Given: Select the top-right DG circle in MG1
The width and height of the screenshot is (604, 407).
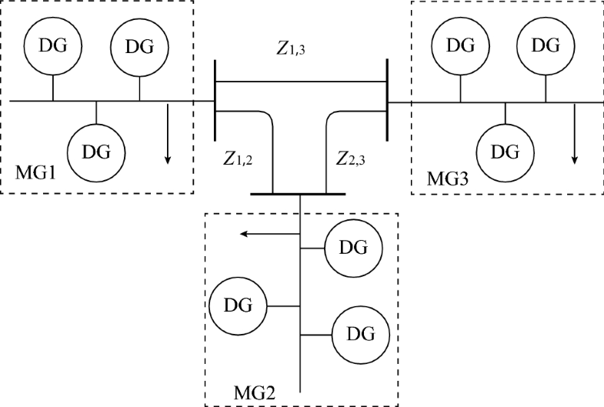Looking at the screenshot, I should click(x=139, y=46).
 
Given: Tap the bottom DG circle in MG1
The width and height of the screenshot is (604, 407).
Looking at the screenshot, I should click(x=96, y=150).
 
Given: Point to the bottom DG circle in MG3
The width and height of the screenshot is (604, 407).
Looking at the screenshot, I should click(x=505, y=151).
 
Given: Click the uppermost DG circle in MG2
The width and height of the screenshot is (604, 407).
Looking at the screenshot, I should click(x=353, y=249).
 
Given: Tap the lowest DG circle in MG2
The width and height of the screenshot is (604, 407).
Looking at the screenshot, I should click(x=361, y=335).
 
